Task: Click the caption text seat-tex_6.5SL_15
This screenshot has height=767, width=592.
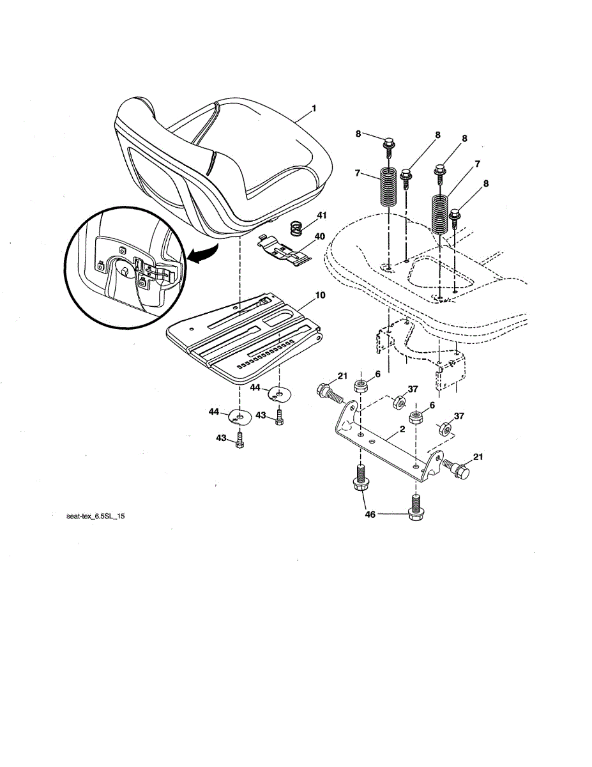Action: click(x=91, y=517)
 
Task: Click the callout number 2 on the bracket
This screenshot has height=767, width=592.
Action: click(x=402, y=430)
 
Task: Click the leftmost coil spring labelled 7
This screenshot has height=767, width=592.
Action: click(x=388, y=185)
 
